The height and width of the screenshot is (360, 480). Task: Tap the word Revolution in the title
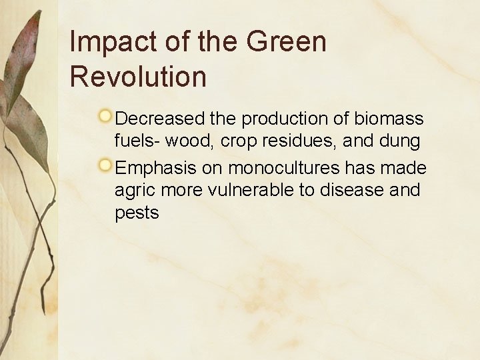[138, 77]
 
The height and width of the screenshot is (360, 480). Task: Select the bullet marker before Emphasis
[105, 165]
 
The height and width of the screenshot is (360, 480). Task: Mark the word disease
[352, 190]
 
